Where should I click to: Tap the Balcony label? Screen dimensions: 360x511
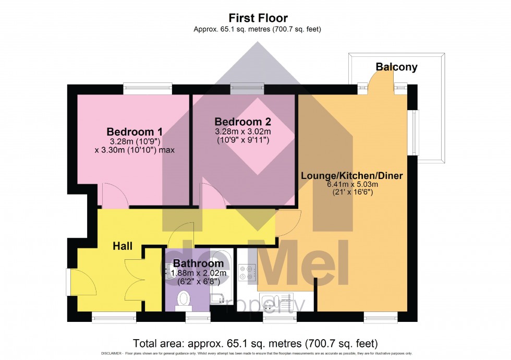click(x=397, y=67)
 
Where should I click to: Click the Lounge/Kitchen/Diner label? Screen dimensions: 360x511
click(x=351, y=176)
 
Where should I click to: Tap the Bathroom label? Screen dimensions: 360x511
click(x=198, y=263)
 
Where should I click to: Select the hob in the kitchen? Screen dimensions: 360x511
click(x=247, y=272)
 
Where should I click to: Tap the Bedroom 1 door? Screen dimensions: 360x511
click(x=113, y=196)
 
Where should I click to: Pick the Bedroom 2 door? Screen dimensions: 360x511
click(x=213, y=196)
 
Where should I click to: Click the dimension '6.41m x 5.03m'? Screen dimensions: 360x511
click(x=351, y=184)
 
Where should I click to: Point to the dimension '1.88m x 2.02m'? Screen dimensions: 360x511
click(x=199, y=273)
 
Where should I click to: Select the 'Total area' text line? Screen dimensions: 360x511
click(x=255, y=343)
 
